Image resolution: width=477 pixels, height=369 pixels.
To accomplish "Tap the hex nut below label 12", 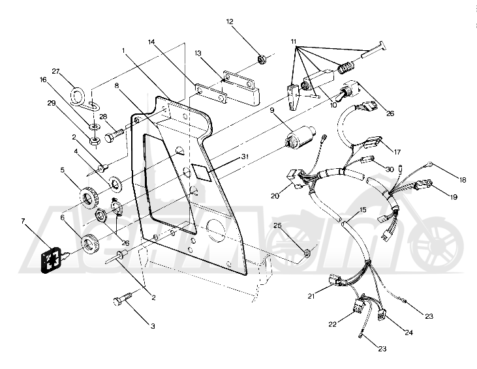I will [x=261, y=60].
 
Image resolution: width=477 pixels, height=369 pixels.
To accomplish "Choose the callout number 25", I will [x=277, y=226].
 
